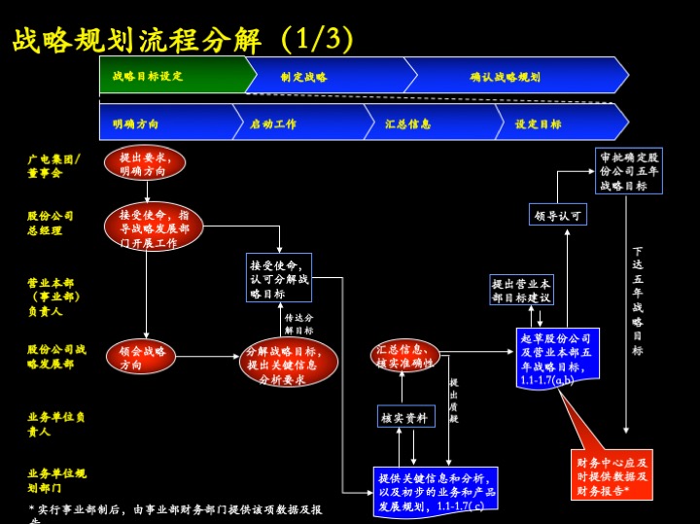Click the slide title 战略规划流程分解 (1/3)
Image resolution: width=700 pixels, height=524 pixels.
point(183,39)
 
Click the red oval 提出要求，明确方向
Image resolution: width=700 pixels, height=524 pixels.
point(145,162)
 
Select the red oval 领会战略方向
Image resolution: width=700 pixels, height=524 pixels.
point(141,357)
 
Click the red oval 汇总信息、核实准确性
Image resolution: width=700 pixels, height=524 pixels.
point(404,356)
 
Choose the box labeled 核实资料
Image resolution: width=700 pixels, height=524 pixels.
point(405,417)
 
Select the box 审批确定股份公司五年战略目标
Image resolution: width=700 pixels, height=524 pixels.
point(629,170)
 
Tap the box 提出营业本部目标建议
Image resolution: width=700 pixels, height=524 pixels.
point(521,290)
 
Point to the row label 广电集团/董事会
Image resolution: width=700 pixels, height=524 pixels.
point(53,165)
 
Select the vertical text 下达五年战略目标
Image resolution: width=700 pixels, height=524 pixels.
point(637,301)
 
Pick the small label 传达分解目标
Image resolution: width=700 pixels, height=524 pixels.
point(298,324)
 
